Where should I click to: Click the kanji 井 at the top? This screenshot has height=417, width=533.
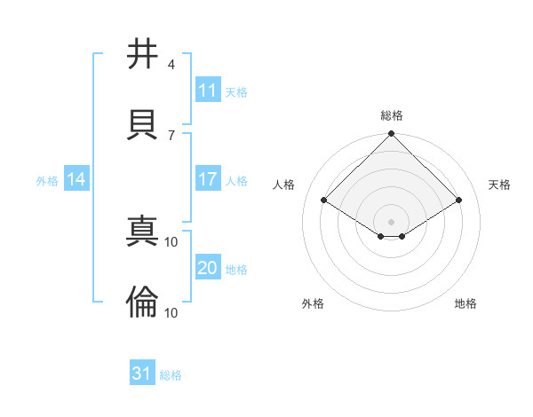point(143,54)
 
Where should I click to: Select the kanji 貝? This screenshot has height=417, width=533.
point(143,122)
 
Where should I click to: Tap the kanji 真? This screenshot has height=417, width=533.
point(143,233)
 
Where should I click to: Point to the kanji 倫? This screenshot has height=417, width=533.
point(143,302)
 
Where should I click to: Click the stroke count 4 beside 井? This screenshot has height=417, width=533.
point(171,65)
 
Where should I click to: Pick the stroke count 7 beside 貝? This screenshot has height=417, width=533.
point(171,134)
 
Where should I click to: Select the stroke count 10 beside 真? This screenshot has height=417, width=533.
point(171,242)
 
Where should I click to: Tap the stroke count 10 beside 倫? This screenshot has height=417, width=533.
point(171,311)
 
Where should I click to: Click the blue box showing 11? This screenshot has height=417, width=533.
point(208,90)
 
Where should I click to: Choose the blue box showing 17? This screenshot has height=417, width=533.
point(208,179)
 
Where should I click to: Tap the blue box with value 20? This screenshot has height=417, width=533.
point(208,268)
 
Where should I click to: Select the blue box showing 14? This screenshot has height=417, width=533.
point(76,179)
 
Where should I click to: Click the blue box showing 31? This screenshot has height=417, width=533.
point(142,374)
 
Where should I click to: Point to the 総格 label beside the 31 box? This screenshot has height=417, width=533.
point(171,375)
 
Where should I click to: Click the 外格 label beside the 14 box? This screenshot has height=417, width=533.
point(47,180)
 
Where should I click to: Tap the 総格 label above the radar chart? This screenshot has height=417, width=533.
point(392,115)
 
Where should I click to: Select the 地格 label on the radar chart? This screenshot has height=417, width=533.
point(465,303)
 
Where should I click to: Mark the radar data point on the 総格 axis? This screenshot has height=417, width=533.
point(392,135)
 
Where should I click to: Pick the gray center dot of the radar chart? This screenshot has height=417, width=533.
point(392,221)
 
